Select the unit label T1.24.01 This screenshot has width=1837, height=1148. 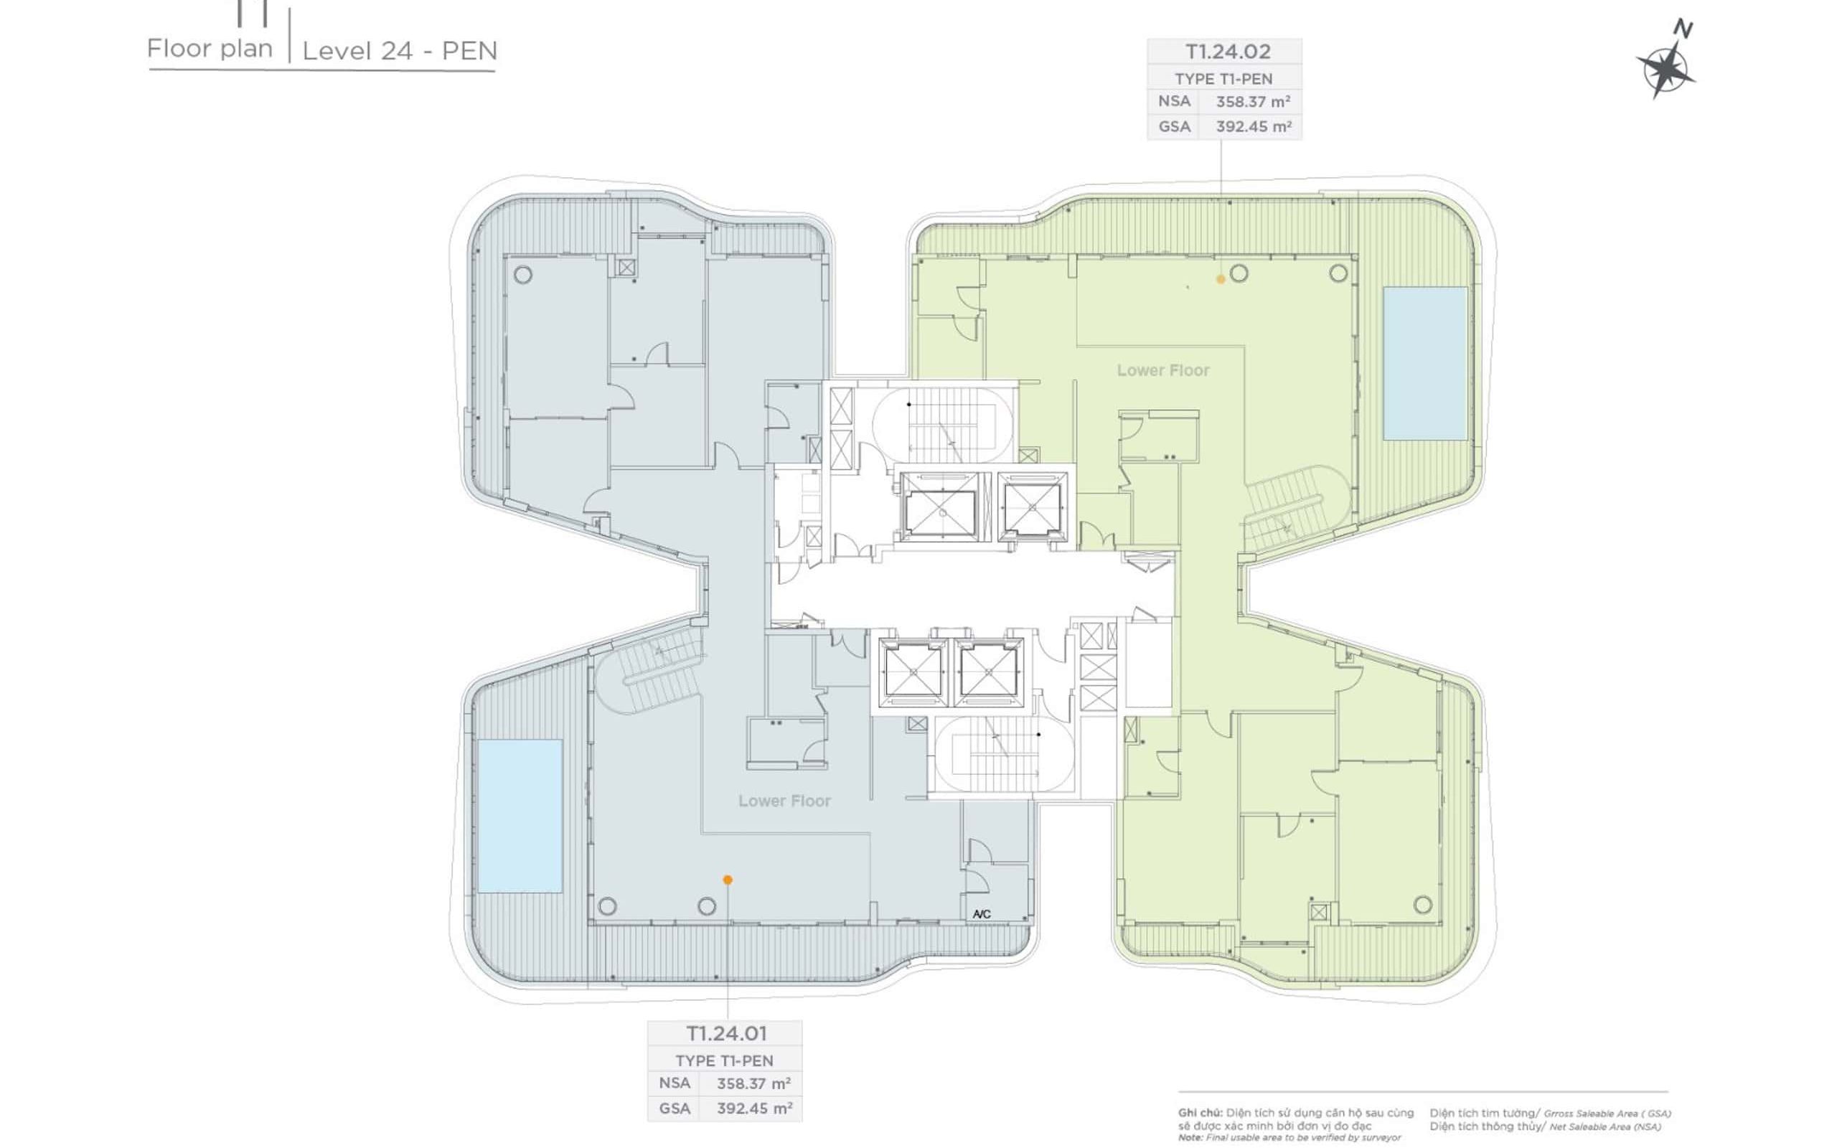click(726, 1033)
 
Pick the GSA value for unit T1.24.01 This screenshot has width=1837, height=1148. click(753, 1108)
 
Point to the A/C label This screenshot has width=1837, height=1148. click(982, 914)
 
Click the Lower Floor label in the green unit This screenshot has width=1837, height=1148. click(1163, 370)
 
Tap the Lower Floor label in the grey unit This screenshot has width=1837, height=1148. click(784, 800)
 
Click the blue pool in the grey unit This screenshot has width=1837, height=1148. click(520, 816)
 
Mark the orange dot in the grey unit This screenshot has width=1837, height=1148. click(727, 880)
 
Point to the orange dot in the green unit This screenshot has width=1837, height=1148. click(1221, 279)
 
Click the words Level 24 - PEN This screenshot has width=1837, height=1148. click(400, 51)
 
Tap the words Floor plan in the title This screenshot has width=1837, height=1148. click(210, 49)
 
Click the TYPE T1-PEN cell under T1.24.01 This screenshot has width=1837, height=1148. click(724, 1060)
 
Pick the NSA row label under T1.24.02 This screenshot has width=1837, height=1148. click(1173, 100)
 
